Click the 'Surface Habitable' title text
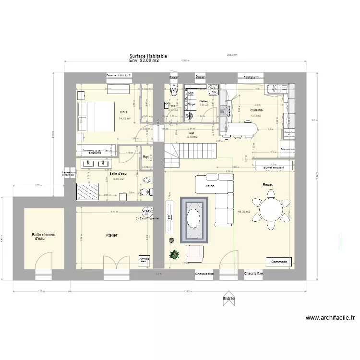tap(148, 56)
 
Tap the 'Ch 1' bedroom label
tap(123, 112)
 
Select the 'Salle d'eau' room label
tap(118, 173)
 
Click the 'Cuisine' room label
tap(256, 110)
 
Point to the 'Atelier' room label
tap(112, 235)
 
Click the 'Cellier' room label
tap(204, 101)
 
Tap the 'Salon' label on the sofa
tap(210, 186)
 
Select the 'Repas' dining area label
tap(268, 184)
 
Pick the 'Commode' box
tap(279, 262)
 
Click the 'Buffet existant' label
tap(274, 168)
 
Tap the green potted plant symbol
tap(173, 254)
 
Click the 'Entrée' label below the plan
tap(229, 299)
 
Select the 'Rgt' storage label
tap(145, 156)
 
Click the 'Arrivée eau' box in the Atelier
tap(144, 259)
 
